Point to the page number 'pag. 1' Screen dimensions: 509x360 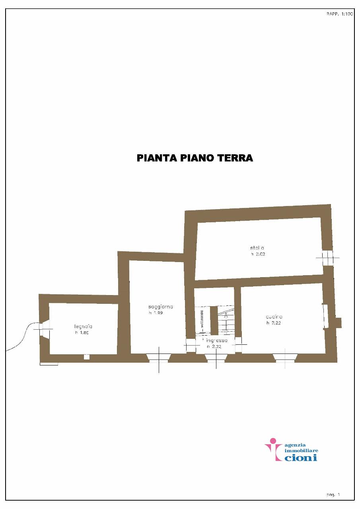333,495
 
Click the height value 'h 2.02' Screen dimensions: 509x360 258,254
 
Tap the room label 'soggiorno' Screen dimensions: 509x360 161,307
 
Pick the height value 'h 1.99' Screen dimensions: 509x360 156,313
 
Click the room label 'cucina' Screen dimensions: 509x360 274,317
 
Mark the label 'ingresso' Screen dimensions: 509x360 217,341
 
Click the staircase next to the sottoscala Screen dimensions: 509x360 226,320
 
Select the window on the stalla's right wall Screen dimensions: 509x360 327,257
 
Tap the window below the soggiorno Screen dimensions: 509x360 159,358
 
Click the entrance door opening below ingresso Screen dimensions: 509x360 215,358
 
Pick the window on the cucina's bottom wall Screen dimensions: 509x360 285,358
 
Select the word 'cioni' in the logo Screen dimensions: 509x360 302,457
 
